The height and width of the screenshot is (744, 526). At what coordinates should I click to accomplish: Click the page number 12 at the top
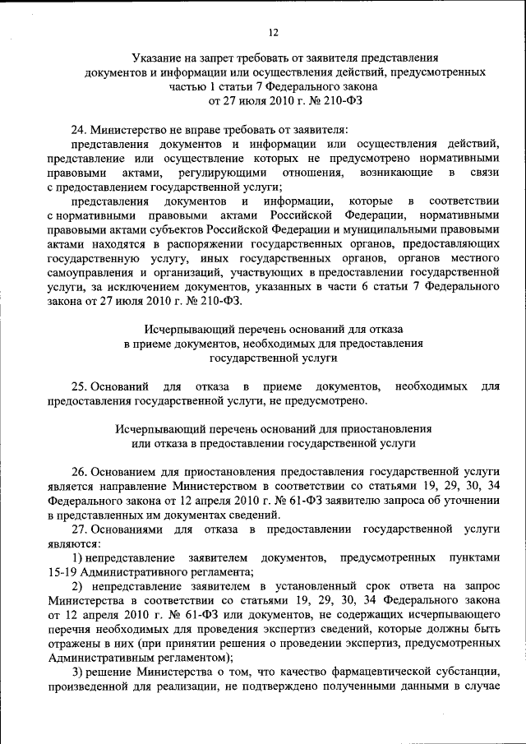tap(273, 32)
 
